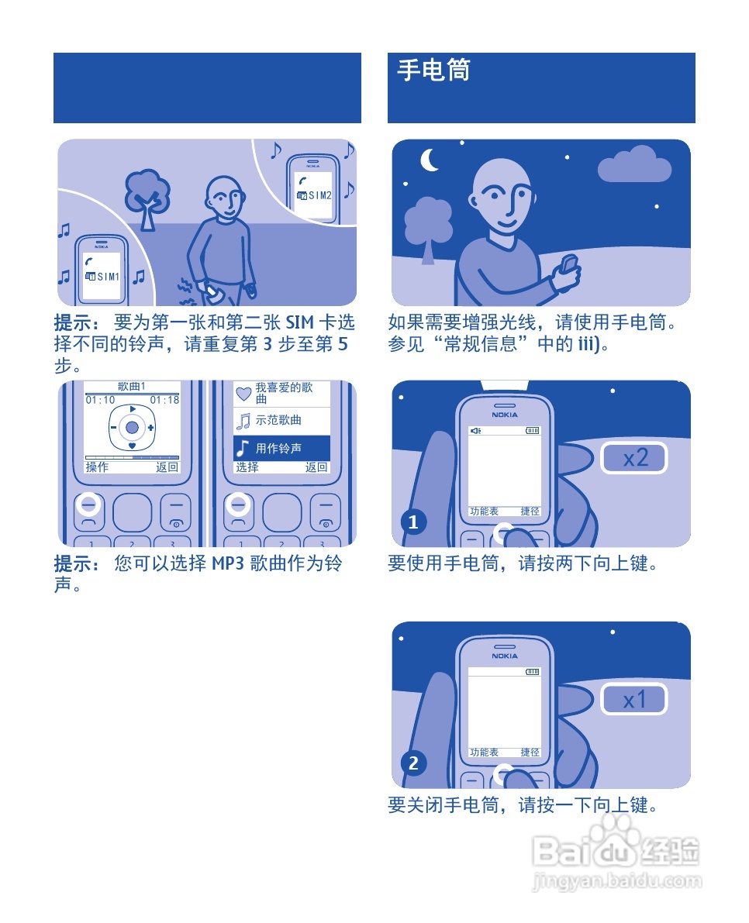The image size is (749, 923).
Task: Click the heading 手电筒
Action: [434, 71]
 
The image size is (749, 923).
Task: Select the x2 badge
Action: [634, 458]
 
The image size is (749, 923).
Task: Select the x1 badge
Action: [634, 700]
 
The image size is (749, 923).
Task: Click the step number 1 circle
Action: [413, 522]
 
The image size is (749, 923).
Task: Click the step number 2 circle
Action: [413, 763]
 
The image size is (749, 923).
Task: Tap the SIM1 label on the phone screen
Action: [108, 277]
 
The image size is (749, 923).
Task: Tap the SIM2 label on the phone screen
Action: [319, 195]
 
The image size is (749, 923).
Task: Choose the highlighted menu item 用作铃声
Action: [278, 448]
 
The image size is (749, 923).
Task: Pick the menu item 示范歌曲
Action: [278, 420]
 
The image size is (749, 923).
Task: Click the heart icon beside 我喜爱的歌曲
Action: [243, 393]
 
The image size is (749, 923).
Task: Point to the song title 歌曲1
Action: [132, 387]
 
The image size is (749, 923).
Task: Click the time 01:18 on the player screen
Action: [164, 400]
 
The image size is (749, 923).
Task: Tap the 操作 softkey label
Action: [97, 467]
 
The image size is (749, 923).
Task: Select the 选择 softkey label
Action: [247, 467]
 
